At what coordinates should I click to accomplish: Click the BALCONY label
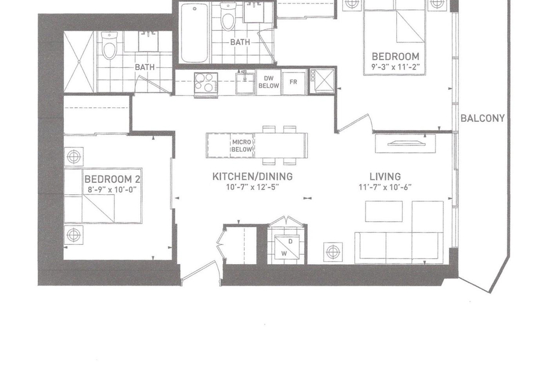tap(482, 118)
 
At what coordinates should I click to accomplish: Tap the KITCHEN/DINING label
tap(252, 176)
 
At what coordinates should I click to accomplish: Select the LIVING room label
tap(385, 176)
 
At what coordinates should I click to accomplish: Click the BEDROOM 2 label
tap(112, 179)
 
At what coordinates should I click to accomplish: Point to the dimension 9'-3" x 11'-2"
tap(396, 66)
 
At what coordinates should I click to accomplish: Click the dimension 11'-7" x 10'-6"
tap(385, 187)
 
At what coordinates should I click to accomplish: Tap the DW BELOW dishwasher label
tap(269, 82)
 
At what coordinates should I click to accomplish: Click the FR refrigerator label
tap(293, 82)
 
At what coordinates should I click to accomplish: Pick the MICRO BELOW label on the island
tap(241, 146)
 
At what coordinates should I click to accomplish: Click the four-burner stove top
tap(206, 82)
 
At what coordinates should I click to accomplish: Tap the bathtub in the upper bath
tap(194, 32)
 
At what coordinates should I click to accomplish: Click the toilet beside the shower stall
tap(110, 45)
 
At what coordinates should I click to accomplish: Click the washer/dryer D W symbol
tap(287, 248)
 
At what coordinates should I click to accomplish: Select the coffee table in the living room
tap(384, 211)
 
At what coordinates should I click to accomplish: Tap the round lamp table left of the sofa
tap(333, 252)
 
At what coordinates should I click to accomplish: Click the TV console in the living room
tap(406, 143)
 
